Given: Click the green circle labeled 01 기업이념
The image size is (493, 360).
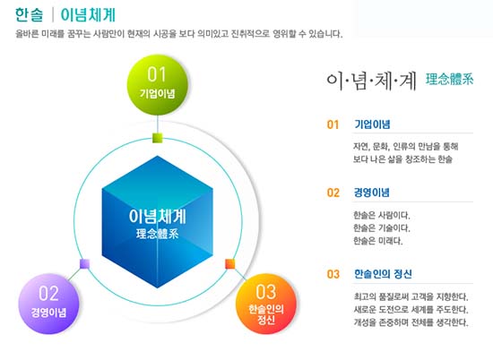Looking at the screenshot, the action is (x=157, y=84).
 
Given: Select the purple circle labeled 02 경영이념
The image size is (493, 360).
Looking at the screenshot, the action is (x=48, y=304).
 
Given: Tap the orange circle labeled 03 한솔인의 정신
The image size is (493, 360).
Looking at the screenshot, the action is (x=266, y=304).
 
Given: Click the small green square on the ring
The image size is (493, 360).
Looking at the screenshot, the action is (x=157, y=138).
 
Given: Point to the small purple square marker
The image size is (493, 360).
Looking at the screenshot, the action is (x=84, y=264).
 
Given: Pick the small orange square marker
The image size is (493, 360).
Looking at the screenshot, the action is (x=230, y=264).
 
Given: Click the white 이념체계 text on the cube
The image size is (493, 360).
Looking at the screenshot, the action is (x=157, y=217).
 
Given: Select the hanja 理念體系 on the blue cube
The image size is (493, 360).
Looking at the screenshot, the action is (x=157, y=234).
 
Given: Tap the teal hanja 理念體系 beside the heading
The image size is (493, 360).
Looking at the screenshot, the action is (x=450, y=79).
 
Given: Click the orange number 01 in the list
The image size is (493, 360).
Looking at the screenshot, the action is (x=333, y=124).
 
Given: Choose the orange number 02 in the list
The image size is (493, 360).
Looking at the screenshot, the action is (x=333, y=193).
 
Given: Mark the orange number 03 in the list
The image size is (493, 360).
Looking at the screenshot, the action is (x=333, y=274).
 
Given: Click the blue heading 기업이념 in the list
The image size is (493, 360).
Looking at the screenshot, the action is (x=372, y=124).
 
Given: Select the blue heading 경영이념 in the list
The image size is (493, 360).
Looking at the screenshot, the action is (x=372, y=193).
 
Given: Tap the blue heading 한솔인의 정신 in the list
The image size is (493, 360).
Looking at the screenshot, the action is (x=383, y=274).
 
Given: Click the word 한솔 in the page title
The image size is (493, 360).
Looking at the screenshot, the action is (x=29, y=14).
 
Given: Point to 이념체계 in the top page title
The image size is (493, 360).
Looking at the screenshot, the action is (x=88, y=14).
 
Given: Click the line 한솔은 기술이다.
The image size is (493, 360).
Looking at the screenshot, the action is (x=381, y=228).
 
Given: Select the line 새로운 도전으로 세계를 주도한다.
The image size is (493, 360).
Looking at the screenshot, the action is (x=411, y=310).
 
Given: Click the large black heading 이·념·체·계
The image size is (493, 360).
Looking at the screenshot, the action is (x=371, y=81).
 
